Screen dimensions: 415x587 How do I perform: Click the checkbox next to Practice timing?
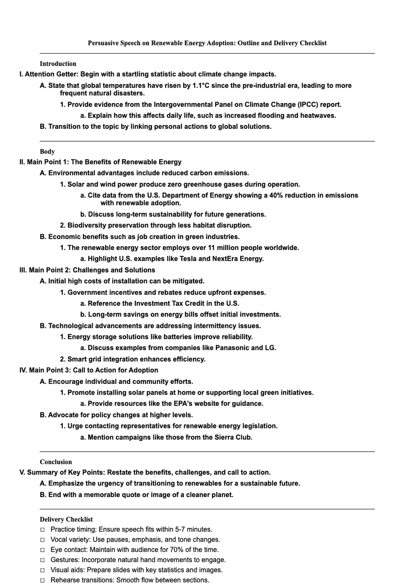pyautogui.click(x=42, y=530)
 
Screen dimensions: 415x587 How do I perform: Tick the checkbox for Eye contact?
pyautogui.click(x=42, y=550)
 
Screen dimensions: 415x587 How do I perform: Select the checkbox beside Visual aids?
pyautogui.click(x=42, y=570)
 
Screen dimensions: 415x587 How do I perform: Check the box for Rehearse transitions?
pyautogui.click(x=42, y=580)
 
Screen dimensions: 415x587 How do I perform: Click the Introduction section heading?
pyautogui.click(x=58, y=64)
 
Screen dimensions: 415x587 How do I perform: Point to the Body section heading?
pyautogui.click(x=47, y=152)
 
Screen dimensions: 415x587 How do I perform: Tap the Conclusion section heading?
pyautogui.click(x=56, y=462)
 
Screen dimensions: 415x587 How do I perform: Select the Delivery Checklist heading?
pyautogui.click(x=66, y=519)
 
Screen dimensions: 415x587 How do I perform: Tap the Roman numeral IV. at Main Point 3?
pyautogui.click(x=23, y=370)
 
